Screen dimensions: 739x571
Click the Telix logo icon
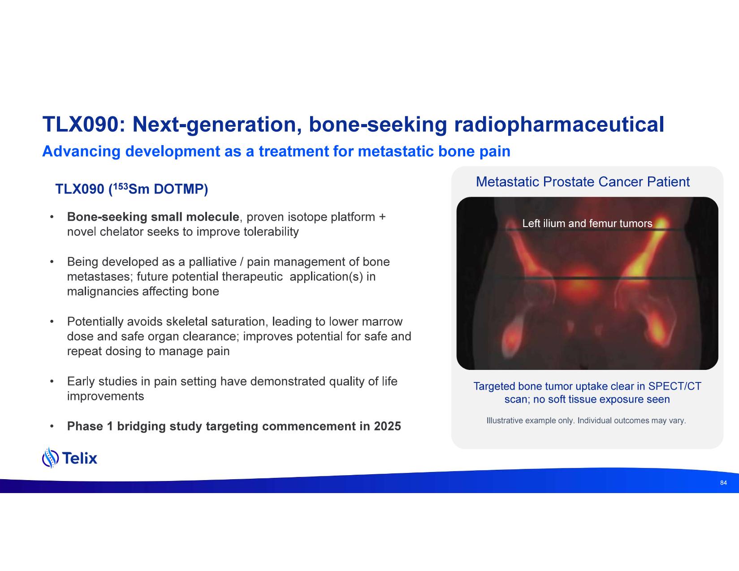tap(50, 458)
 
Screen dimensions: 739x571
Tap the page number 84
tap(723, 483)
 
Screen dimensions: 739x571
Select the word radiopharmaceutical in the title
tap(559, 125)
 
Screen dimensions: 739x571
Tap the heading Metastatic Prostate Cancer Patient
tap(583, 182)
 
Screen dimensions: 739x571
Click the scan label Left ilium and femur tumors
tap(588, 223)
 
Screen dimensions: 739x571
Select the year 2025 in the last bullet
tap(387, 426)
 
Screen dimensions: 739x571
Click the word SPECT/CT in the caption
tap(675, 386)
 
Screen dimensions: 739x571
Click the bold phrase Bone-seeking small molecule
tap(153, 217)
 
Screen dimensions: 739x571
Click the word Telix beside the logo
tap(80, 458)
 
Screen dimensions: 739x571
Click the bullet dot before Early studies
tap(52, 382)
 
